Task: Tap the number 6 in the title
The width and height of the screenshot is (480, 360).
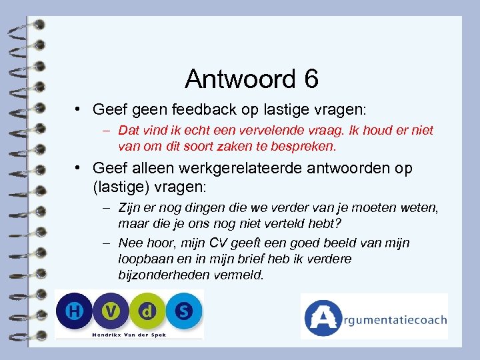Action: [x=310, y=79]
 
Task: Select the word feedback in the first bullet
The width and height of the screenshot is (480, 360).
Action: [x=209, y=109]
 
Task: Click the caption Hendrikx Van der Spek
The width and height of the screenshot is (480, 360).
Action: [x=129, y=333]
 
